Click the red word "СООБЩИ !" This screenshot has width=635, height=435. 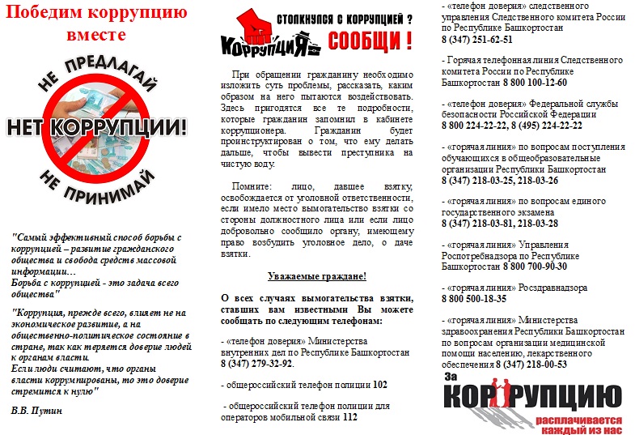[x=373, y=39]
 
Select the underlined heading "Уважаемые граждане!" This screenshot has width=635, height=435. [x=317, y=276]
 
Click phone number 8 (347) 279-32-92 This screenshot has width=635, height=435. [x=257, y=364]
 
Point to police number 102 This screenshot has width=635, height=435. [x=381, y=384]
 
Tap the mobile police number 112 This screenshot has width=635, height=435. [x=349, y=416]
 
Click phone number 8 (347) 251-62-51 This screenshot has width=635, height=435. [x=477, y=40]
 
